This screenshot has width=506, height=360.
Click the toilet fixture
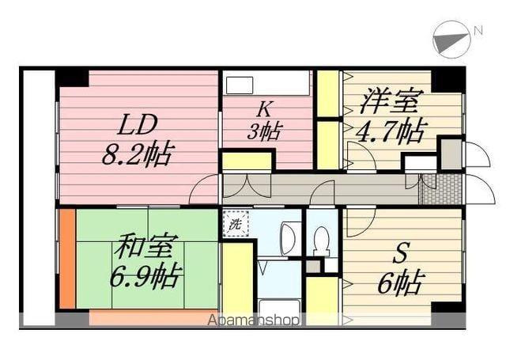click(x=322, y=238)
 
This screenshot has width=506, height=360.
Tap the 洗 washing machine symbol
click(x=234, y=224)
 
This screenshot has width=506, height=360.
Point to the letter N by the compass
click(x=478, y=31)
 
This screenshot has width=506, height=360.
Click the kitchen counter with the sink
click(x=266, y=83)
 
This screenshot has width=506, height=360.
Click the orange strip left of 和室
click(x=67, y=258)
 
